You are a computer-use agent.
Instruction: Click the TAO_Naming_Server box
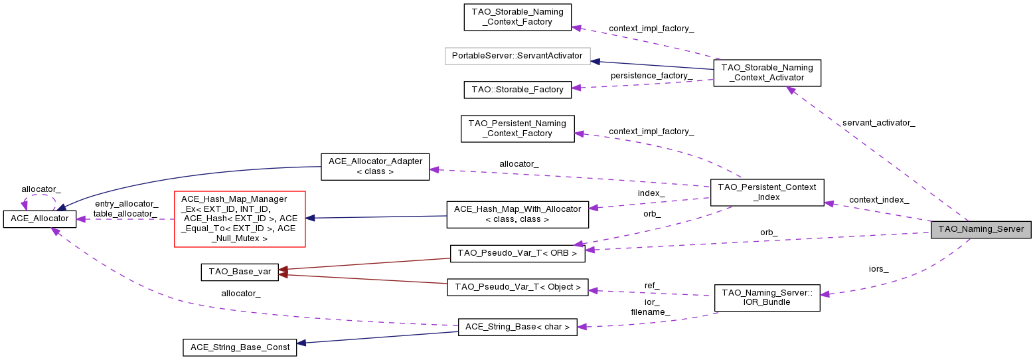(x=981, y=230)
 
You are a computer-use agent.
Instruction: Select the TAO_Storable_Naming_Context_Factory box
(x=517, y=17)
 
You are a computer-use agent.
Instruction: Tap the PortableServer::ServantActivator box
(x=517, y=56)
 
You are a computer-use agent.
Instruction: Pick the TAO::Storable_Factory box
(x=517, y=89)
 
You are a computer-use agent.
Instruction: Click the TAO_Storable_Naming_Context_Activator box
(x=767, y=72)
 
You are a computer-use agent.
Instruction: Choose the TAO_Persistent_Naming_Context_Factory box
(x=517, y=128)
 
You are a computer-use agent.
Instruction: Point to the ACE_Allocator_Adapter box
(x=375, y=166)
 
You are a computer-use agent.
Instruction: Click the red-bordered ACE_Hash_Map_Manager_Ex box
(x=239, y=219)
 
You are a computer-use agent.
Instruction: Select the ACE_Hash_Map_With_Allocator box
(x=517, y=214)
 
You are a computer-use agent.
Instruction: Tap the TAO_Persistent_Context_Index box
(x=767, y=192)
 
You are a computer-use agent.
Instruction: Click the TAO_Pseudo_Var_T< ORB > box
(x=517, y=254)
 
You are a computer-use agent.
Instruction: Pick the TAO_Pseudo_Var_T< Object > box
(x=517, y=288)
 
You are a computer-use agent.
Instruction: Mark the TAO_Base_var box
(x=240, y=272)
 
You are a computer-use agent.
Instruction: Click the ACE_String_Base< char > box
(x=517, y=327)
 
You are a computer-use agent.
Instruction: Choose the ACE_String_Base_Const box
(x=240, y=347)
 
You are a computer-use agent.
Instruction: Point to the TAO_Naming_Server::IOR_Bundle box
(x=767, y=297)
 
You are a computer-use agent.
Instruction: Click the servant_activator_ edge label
(x=878, y=123)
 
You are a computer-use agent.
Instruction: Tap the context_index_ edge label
(x=878, y=200)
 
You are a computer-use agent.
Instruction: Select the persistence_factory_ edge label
(x=651, y=76)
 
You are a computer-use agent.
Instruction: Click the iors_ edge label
(x=878, y=269)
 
